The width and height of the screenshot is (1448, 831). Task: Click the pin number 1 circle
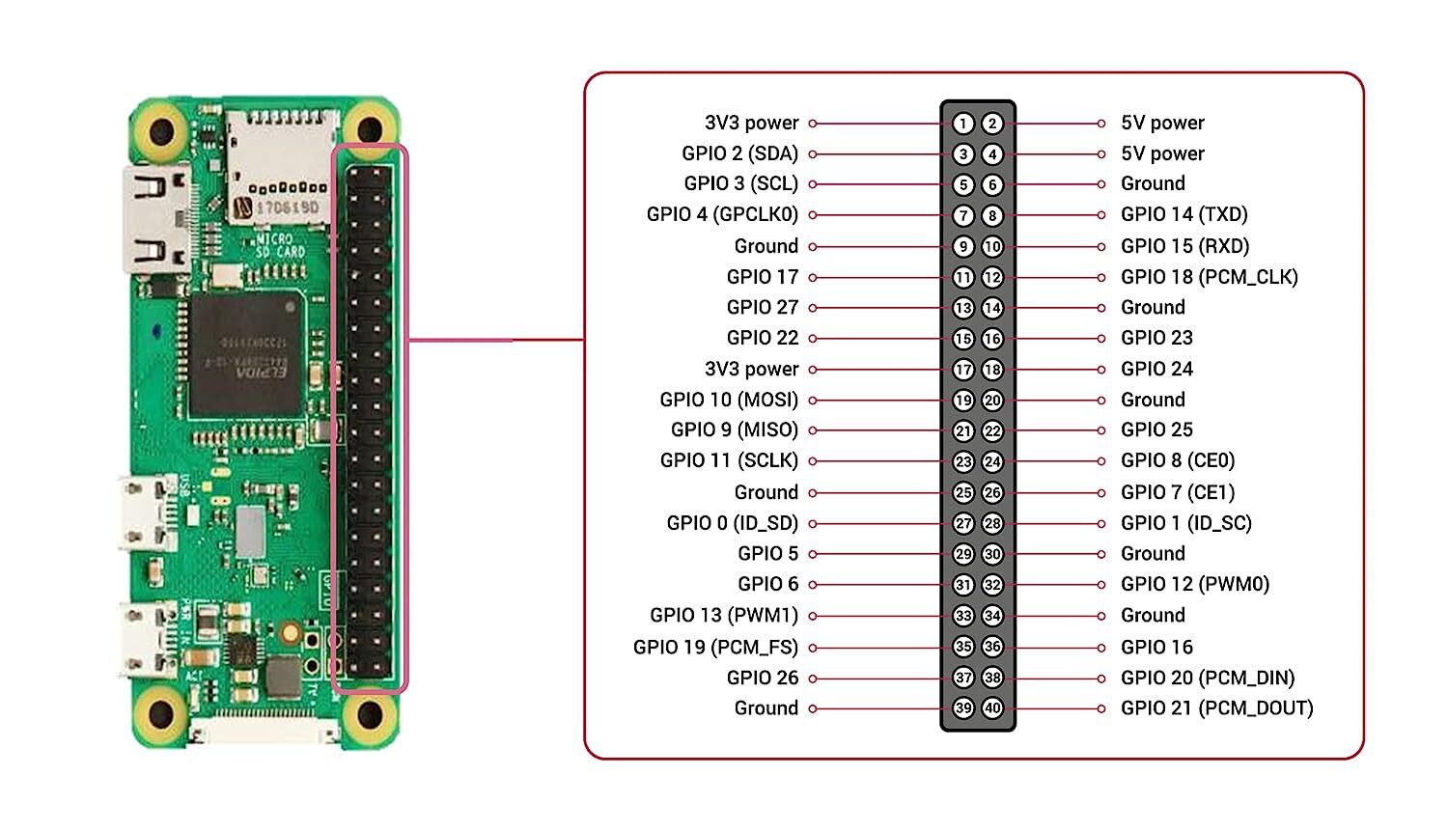[962, 124]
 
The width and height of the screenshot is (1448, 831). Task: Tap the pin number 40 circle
[992, 708]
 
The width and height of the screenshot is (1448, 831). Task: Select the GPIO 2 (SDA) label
[739, 153]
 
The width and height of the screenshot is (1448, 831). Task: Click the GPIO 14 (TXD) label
[1183, 214]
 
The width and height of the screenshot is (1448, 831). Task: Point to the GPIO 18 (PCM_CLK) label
[1209, 277]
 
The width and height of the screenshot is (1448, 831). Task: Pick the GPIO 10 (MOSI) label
[729, 400]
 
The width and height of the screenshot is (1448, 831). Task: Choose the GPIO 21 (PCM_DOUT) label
[1216, 708]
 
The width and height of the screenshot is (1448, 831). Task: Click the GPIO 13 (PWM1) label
[724, 616]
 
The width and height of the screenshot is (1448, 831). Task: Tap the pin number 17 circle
[962, 370]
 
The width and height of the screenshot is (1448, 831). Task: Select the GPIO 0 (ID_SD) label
[732, 523]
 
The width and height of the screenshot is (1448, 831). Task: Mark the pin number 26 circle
[992, 492]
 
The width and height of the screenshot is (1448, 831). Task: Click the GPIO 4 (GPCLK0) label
[722, 214]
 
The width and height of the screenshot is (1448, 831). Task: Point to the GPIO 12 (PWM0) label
[1194, 584]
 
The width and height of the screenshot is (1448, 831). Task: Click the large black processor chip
[246, 354]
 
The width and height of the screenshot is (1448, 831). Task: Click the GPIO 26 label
[763, 678]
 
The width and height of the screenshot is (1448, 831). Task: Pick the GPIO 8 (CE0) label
[1177, 460]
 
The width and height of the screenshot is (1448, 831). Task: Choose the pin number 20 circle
[992, 401]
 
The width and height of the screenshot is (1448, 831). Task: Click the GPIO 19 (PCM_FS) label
[715, 647]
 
